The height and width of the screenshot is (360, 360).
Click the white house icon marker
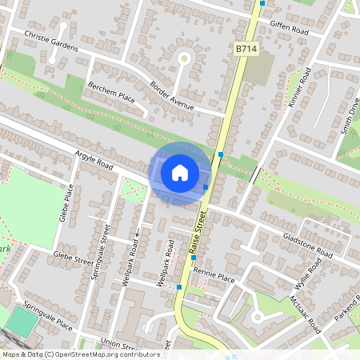(x=180, y=172)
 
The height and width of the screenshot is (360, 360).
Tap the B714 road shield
(x=246, y=50)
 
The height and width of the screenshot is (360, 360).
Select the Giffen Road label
(x=289, y=26)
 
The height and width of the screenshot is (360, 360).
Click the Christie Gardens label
(x=51, y=42)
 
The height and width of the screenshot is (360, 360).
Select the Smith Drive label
(x=350, y=117)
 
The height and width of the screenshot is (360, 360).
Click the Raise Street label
(x=198, y=234)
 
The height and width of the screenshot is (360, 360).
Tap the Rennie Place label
(x=215, y=278)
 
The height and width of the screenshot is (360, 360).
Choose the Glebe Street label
(x=72, y=258)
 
